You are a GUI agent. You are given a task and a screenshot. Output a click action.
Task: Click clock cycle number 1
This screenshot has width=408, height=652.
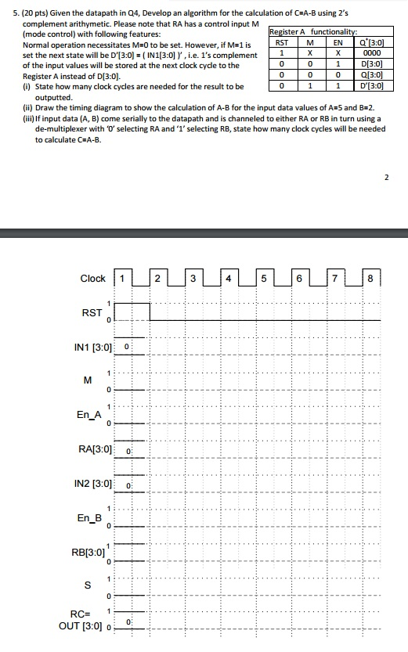pos(121,279)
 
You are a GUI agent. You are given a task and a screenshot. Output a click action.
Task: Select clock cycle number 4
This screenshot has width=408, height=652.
pos(228,279)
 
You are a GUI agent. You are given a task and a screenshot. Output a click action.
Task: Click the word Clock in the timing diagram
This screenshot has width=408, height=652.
pos(92,279)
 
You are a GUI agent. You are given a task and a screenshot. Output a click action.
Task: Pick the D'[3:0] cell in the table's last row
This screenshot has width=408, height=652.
pos(370,85)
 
